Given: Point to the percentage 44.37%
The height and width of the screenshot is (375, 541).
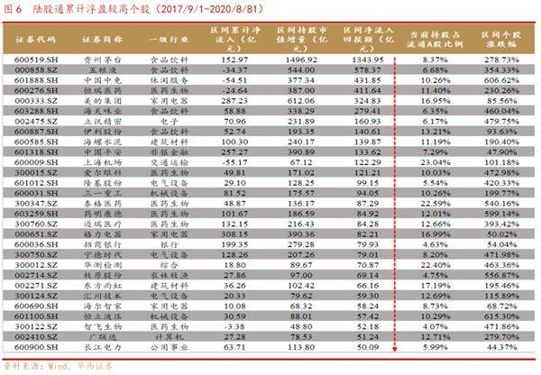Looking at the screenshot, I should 502,345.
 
